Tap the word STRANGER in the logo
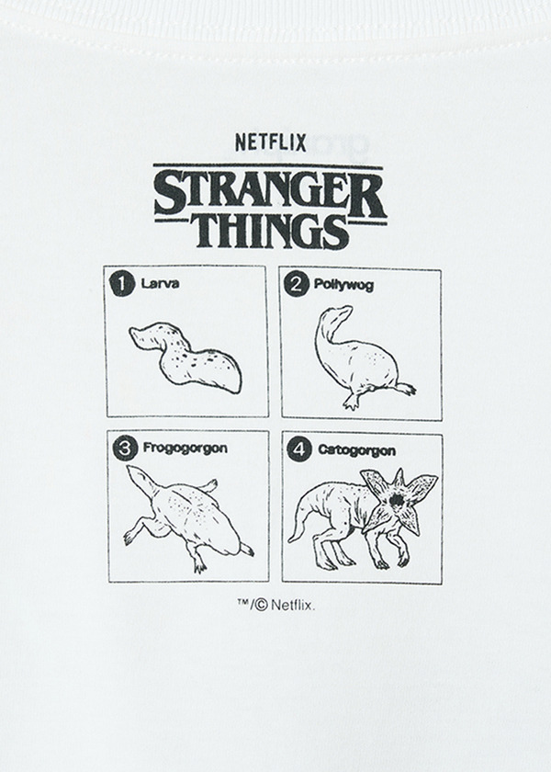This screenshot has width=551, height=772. [x=270, y=191]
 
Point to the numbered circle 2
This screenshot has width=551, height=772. [x=294, y=284]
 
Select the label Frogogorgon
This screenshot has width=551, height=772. [x=186, y=449]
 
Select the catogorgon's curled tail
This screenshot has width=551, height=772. [x=296, y=531]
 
